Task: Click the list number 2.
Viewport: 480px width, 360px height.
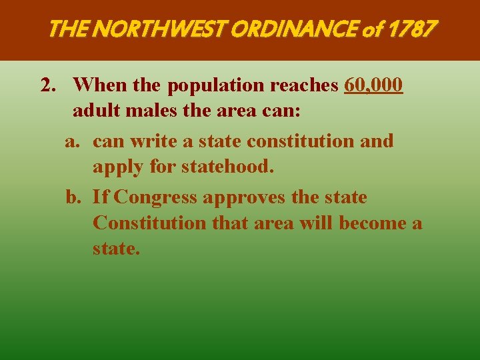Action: [x=47, y=85]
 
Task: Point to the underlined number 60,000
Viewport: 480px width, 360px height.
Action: [x=373, y=85]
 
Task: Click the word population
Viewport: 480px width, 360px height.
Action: [x=217, y=86]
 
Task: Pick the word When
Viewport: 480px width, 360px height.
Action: [x=97, y=85]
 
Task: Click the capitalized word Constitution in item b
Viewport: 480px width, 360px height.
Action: [x=150, y=223]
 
